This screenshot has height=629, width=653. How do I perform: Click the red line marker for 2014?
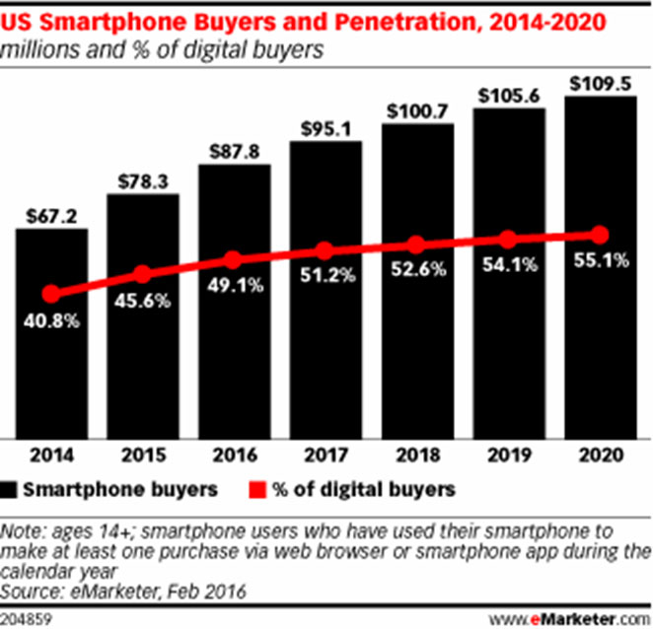(x=51, y=293)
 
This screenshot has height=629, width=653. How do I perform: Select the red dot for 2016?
(x=234, y=260)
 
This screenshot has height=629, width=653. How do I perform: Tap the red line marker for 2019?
(x=508, y=240)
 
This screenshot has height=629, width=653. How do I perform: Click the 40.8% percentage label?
(x=51, y=321)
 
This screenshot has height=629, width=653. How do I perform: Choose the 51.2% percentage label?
(x=326, y=280)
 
